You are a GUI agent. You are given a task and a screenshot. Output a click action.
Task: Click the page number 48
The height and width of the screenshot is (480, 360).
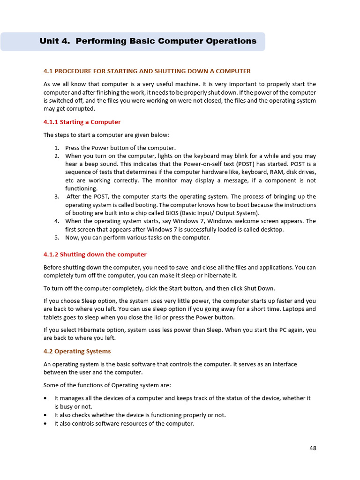[x=313, y=448]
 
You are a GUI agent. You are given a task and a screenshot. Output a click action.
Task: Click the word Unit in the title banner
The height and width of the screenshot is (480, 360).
[x=49, y=41]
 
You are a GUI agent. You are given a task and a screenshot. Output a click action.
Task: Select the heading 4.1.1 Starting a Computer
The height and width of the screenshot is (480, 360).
[x=82, y=122]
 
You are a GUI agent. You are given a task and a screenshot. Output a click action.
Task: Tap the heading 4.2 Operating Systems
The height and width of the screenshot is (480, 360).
[x=77, y=351]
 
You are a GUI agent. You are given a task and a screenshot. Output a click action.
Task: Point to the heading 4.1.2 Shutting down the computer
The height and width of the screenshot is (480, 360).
[x=95, y=255]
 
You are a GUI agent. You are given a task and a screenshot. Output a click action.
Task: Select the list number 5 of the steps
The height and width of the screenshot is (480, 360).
[x=56, y=238]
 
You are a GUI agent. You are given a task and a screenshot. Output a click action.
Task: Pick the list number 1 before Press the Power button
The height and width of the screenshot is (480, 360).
[x=56, y=148]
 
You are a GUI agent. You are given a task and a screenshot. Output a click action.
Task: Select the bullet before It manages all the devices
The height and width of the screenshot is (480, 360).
[x=45, y=398]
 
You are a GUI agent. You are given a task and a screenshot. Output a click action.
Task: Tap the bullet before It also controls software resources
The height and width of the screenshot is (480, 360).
[x=45, y=423]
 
